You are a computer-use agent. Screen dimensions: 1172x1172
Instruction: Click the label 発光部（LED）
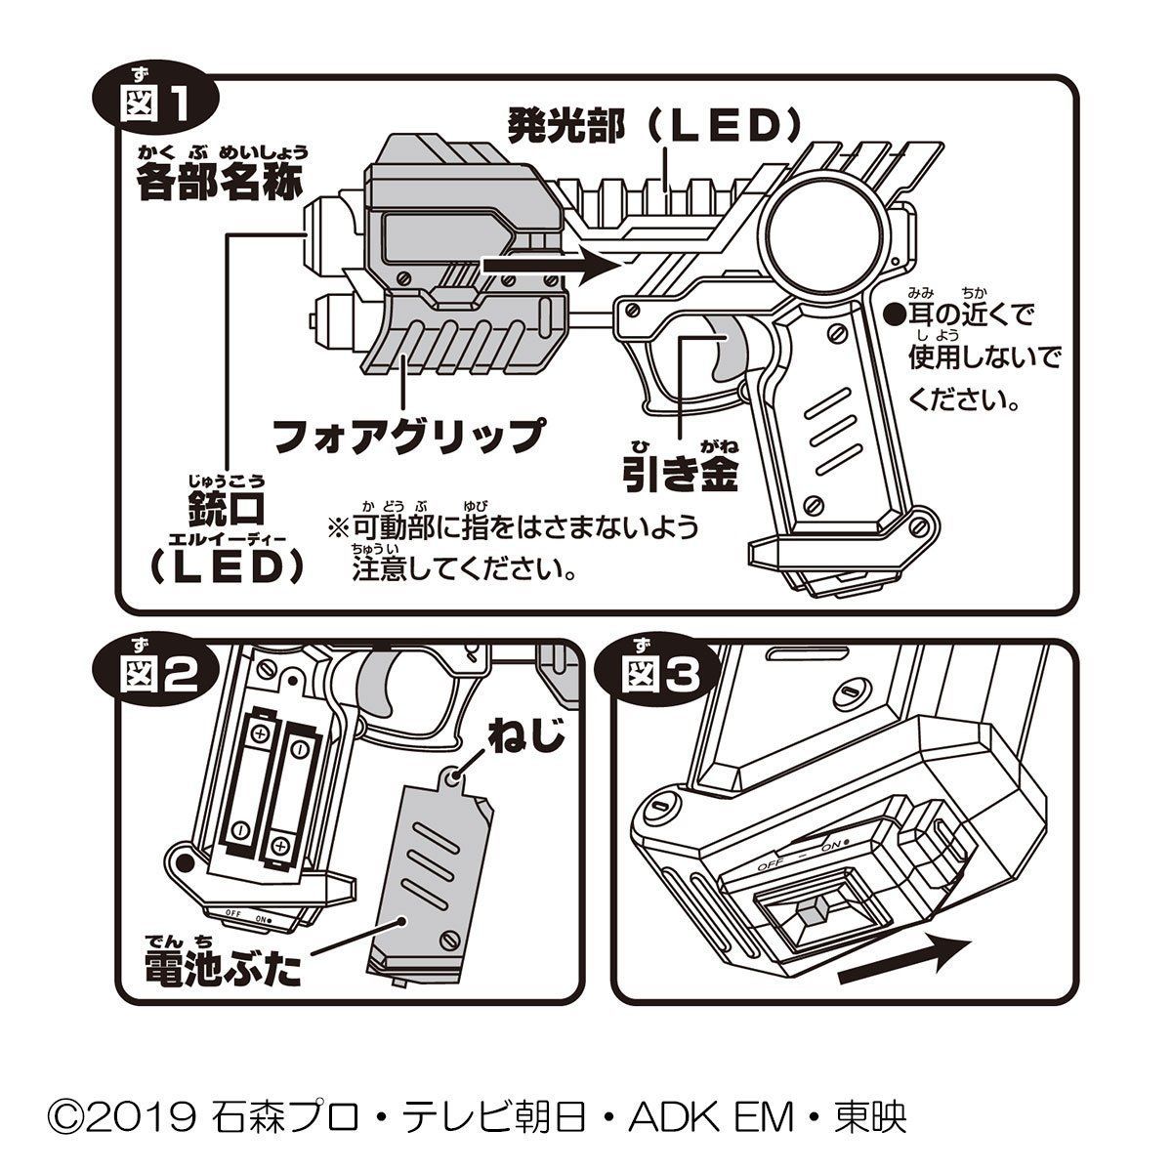point(654,125)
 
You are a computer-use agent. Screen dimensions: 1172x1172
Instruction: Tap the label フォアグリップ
point(407,434)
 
